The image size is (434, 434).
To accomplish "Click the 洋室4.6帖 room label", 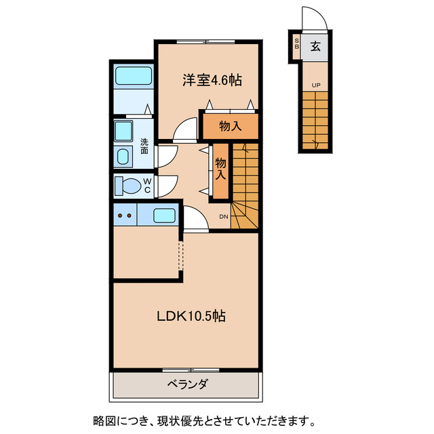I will (211, 80).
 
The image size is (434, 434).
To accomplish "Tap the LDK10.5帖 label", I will (191, 316).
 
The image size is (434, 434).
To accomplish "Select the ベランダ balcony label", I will (187, 384).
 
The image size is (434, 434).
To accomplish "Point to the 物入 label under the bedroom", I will (231, 125).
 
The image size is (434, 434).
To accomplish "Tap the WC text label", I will (146, 185).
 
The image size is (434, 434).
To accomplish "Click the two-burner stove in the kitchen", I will (125, 216).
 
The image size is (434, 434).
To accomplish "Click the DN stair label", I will (223, 217).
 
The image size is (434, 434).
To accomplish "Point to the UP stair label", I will (316, 85).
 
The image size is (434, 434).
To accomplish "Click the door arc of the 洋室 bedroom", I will (184, 130).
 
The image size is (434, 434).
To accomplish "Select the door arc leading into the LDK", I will (194, 220).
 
